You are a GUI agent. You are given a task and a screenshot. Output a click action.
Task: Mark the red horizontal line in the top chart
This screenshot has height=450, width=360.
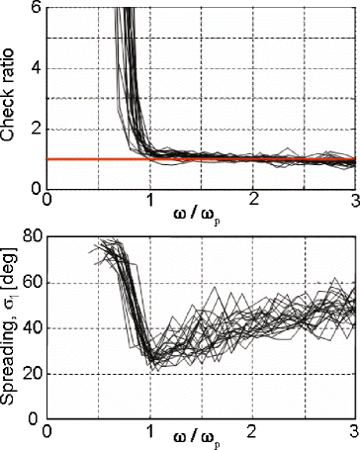[247, 158]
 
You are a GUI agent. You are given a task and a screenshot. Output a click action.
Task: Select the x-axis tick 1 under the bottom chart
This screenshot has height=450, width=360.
[150, 433]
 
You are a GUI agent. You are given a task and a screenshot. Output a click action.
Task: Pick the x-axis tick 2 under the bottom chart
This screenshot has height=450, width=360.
[253, 433]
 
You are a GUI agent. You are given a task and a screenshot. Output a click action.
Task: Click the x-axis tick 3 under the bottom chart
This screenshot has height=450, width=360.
[353, 433]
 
